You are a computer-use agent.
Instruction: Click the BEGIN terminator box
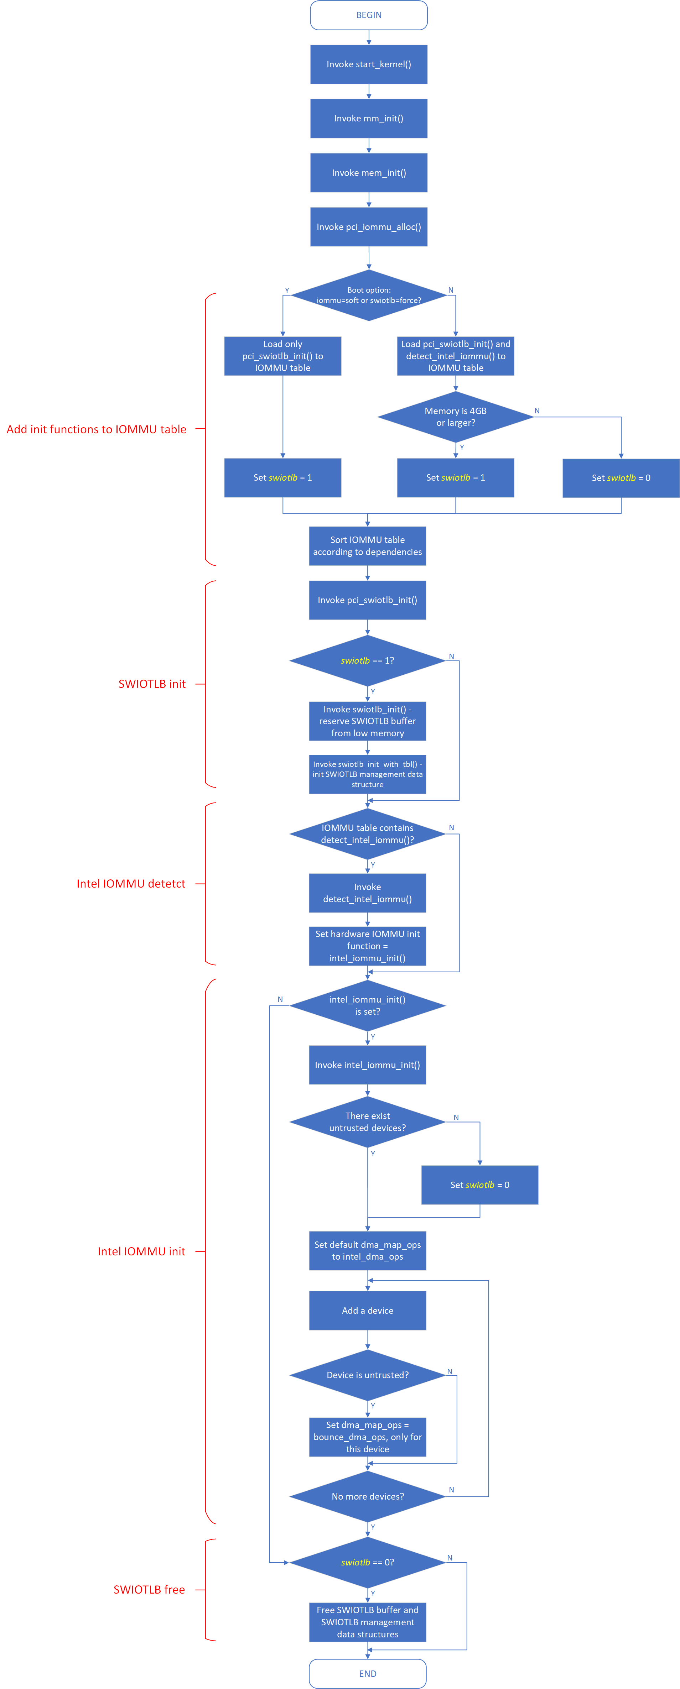pyautogui.click(x=369, y=15)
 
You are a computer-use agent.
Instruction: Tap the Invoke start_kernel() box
pyautogui.click(x=369, y=64)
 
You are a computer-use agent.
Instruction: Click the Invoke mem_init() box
pyautogui.click(x=369, y=172)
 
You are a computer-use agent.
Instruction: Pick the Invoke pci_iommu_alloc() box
pyautogui.click(x=369, y=227)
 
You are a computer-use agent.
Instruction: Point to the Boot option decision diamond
pyautogui.click(x=369, y=295)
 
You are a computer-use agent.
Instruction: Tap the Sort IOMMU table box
pyautogui.click(x=367, y=545)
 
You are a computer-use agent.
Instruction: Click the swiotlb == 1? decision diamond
pyautogui.click(x=367, y=660)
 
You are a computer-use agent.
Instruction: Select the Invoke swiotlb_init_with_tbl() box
pyautogui.click(x=367, y=774)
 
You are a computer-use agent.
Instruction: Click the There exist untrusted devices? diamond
pyautogui.click(x=367, y=1122)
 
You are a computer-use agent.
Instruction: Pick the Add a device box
pyautogui.click(x=367, y=1311)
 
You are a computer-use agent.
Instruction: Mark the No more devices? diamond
pyautogui.click(x=367, y=1496)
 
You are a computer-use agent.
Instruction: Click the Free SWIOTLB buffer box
pyautogui.click(x=367, y=1622)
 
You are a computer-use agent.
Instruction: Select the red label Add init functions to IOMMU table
pyautogui.click(x=97, y=429)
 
